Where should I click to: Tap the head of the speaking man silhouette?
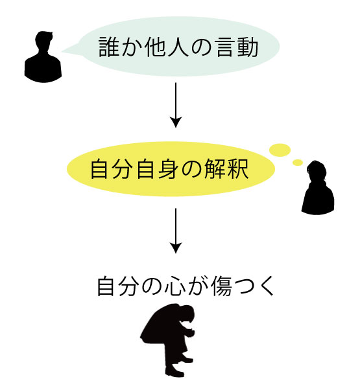pyautogui.click(x=44, y=41)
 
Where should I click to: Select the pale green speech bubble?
pyautogui.click(x=174, y=47)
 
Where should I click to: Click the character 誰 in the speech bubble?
pyautogui.click(x=108, y=47)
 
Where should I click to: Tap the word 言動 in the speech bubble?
pyautogui.click(x=237, y=47)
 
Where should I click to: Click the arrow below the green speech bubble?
pyautogui.click(x=176, y=105)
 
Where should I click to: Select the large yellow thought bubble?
pyautogui.click(x=171, y=168)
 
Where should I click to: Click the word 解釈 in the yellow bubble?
pyautogui.click(x=226, y=169)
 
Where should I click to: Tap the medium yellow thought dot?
pyautogui.click(x=280, y=150)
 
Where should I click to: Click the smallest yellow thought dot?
pyautogui.click(x=298, y=163)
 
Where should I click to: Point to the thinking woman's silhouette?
pyautogui.click(x=318, y=187)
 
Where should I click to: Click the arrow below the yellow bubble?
pyautogui.click(x=176, y=231)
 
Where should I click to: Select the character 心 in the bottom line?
pyautogui.click(x=174, y=286)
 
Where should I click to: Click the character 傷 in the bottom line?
pyautogui.click(x=221, y=286)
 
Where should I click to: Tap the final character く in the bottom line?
pyautogui.click(x=267, y=286)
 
